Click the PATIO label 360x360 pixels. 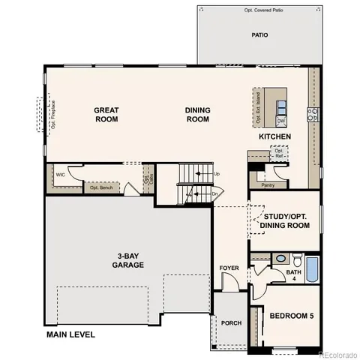259,35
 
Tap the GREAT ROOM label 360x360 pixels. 107,115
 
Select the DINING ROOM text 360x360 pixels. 198,115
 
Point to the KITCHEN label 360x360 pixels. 274,137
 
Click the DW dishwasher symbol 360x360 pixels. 281,121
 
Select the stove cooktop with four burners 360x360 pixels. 313,114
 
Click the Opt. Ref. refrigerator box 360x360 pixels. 277,153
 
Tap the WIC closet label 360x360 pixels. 60,174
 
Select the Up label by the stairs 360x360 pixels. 217,174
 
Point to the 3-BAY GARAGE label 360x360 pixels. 128,259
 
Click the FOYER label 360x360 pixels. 229,268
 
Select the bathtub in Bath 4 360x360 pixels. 313,270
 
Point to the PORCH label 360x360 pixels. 230,322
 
